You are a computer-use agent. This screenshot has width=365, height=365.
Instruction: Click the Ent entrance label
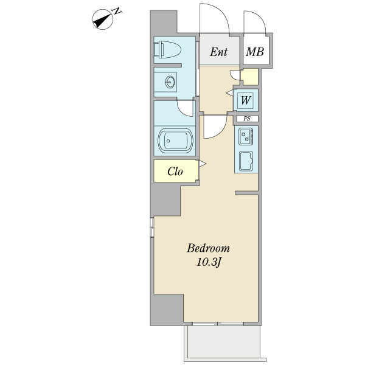[218, 52]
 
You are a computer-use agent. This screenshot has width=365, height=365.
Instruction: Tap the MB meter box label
[255, 52]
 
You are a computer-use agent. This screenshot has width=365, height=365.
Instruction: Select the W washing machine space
[246, 100]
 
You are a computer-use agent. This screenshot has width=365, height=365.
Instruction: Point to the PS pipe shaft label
[247, 119]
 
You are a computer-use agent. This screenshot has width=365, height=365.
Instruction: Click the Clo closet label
[175, 172]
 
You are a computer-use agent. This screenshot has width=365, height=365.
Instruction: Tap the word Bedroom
[208, 248]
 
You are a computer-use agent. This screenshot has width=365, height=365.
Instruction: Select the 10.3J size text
[209, 263]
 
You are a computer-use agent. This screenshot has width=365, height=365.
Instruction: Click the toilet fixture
[167, 50]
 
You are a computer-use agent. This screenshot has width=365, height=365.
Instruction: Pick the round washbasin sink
[170, 82]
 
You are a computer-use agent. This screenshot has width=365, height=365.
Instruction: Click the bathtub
[176, 141]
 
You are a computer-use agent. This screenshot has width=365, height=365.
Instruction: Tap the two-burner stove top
[246, 136]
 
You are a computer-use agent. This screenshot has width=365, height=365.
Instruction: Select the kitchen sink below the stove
[246, 161]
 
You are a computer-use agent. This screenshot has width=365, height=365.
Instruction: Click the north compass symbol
[102, 19]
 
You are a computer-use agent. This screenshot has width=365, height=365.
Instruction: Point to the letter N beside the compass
[117, 11]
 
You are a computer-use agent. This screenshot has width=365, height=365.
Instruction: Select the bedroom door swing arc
[220, 132]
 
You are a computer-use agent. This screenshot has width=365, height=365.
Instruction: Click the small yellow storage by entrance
[249, 77]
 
